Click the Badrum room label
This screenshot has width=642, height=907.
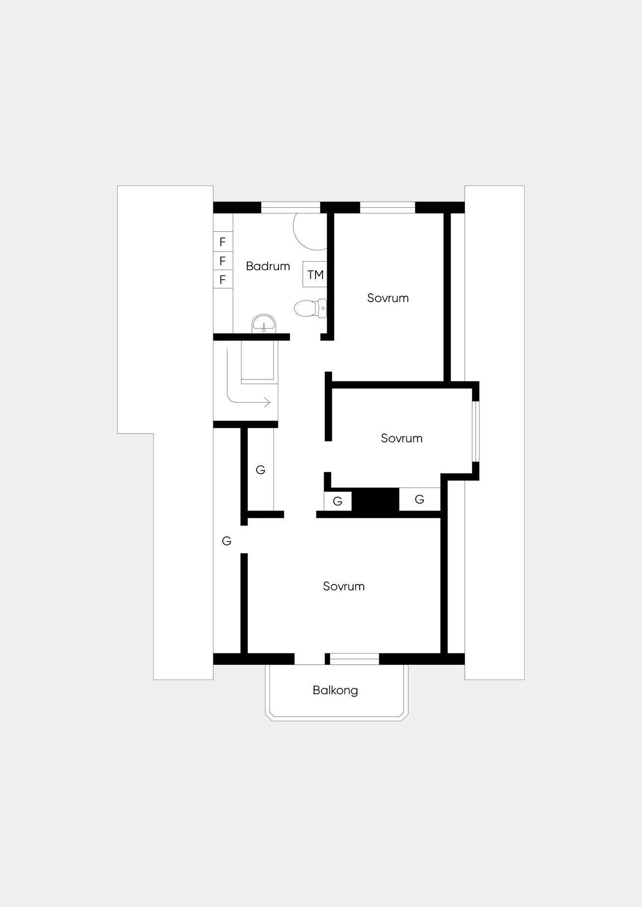(x=267, y=266)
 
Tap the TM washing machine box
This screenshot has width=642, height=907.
(x=315, y=275)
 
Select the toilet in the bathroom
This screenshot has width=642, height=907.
(x=310, y=308)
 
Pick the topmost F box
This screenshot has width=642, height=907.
(x=223, y=242)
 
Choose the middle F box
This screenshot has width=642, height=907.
(x=223, y=260)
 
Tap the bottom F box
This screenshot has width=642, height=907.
(x=223, y=279)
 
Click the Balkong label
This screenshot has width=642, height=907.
(x=335, y=690)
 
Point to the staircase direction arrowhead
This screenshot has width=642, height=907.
(x=267, y=403)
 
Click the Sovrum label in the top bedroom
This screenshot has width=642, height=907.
(x=388, y=298)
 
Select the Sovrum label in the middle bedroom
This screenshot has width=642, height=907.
(x=401, y=438)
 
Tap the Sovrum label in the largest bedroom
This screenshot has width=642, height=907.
(x=344, y=586)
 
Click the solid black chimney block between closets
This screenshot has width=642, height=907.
(x=375, y=500)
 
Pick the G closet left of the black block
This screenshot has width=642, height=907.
(x=338, y=501)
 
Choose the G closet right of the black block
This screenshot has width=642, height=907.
(x=420, y=500)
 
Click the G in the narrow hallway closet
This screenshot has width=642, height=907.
(x=261, y=470)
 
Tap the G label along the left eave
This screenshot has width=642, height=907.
(x=226, y=541)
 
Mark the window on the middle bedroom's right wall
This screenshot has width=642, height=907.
(x=475, y=431)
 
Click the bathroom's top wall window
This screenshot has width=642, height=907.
(x=291, y=207)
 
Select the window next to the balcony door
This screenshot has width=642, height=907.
(x=354, y=659)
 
